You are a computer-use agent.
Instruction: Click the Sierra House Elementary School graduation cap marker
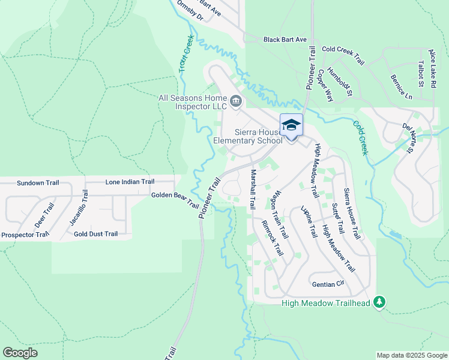291,125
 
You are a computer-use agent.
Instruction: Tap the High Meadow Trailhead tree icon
379,302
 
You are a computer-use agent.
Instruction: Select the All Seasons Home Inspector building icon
236,101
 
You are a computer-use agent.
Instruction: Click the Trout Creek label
185,58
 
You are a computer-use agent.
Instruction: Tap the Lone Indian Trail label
130,182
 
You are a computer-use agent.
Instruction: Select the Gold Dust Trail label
95,233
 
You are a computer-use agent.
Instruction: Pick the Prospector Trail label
25,234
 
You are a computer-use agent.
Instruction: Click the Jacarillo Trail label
77,208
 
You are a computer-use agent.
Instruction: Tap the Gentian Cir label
327,283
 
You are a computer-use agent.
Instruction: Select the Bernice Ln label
402,87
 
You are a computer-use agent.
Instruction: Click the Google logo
20,352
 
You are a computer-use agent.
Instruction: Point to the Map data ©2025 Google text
411,355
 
